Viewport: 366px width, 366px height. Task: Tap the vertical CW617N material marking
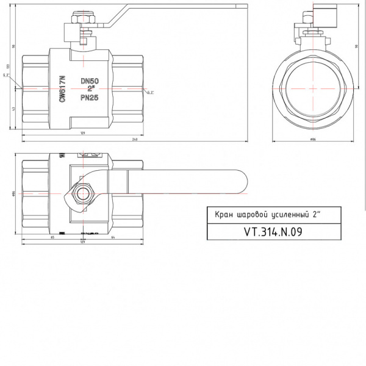click(62, 88)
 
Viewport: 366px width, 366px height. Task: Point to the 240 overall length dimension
click(134, 138)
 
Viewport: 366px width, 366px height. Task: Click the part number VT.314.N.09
click(273, 232)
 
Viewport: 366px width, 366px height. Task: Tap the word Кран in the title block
click(217, 215)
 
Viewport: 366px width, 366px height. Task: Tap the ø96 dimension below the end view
click(312, 139)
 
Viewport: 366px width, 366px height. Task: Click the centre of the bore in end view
click(312, 88)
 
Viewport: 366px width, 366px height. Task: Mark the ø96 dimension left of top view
click(13, 194)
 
